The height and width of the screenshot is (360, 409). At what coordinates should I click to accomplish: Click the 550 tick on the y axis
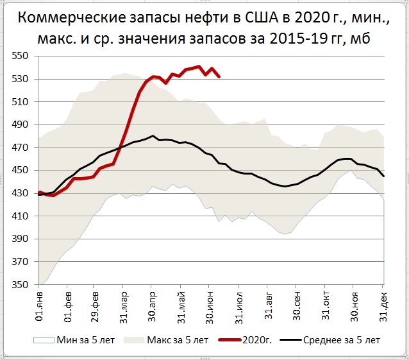tap(23, 56)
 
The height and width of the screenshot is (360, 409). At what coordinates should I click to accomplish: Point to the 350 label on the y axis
tap(23, 284)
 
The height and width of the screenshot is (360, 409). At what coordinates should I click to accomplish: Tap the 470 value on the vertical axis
tap(23, 148)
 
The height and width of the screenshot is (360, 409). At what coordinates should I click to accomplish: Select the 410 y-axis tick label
tap(23, 216)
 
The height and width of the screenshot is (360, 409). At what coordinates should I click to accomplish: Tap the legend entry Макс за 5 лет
tap(173, 339)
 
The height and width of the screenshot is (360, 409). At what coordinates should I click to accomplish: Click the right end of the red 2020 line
tap(219, 76)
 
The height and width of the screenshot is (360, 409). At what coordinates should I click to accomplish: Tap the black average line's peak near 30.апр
tap(153, 136)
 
